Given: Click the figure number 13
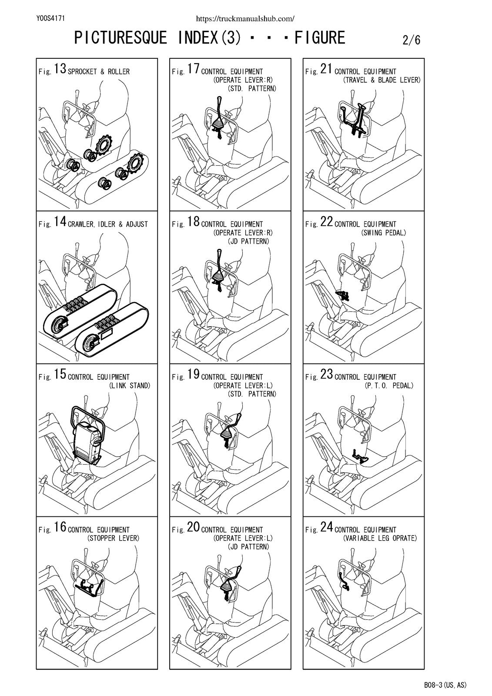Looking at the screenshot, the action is point(60,69).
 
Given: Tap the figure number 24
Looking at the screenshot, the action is point(327,527).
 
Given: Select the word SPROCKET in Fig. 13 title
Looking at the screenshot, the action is point(82,72).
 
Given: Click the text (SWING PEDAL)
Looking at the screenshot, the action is point(384,233).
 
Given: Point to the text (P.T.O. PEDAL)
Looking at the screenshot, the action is point(389,385).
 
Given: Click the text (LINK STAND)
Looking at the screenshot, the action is point(129,385).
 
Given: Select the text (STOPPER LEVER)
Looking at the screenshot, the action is point(113,538).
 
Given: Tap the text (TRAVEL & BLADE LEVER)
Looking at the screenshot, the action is point(382,80).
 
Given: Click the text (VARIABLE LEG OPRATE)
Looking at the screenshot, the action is point(380,538).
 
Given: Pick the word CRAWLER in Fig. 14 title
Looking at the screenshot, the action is point(81,224).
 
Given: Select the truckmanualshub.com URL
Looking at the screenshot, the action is point(245,19).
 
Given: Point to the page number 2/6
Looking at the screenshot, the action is point(411,40).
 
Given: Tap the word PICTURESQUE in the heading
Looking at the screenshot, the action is point(120,37).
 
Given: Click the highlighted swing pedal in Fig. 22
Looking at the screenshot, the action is point(342,295).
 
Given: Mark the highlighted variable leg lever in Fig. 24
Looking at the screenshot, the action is point(345,581).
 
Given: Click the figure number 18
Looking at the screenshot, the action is point(193,221).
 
